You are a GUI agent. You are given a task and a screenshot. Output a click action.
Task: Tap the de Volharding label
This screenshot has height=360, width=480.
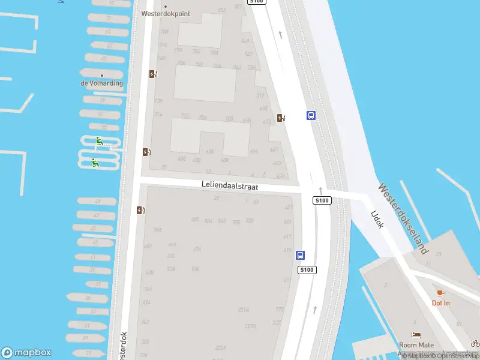(x=101, y=83)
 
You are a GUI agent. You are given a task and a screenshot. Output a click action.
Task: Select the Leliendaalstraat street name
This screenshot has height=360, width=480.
(x=230, y=187)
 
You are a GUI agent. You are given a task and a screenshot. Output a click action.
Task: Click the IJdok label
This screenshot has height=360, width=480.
(x=377, y=218)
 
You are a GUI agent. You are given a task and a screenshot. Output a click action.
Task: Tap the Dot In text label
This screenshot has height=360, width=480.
(x=440, y=303)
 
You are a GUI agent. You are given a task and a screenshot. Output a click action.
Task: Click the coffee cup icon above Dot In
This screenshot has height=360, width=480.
(x=440, y=293)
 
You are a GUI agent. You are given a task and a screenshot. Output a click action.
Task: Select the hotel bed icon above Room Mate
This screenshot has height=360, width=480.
(x=416, y=335)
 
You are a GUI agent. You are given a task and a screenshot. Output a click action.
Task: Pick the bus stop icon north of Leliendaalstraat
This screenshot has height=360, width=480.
(x=311, y=115)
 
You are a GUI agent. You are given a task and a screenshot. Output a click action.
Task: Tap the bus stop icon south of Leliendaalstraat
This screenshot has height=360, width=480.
(x=300, y=255)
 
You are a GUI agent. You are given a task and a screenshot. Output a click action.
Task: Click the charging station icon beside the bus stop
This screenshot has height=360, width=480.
(x=281, y=118)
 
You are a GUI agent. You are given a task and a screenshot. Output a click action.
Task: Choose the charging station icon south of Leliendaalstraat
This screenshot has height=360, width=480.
(x=140, y=210)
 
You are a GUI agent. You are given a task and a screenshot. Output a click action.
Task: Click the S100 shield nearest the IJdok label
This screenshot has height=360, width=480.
(x=322, y=200)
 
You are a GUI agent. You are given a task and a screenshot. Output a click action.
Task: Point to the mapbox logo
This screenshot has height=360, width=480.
(x=27, y=353)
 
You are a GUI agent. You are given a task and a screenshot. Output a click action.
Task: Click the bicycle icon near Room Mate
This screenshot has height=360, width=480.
(x=475, y=343)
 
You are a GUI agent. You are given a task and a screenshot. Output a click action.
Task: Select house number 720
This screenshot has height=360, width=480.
(x=158, y=101)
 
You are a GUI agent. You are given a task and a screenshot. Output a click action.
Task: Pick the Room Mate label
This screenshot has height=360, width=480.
(x=416, y=345)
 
